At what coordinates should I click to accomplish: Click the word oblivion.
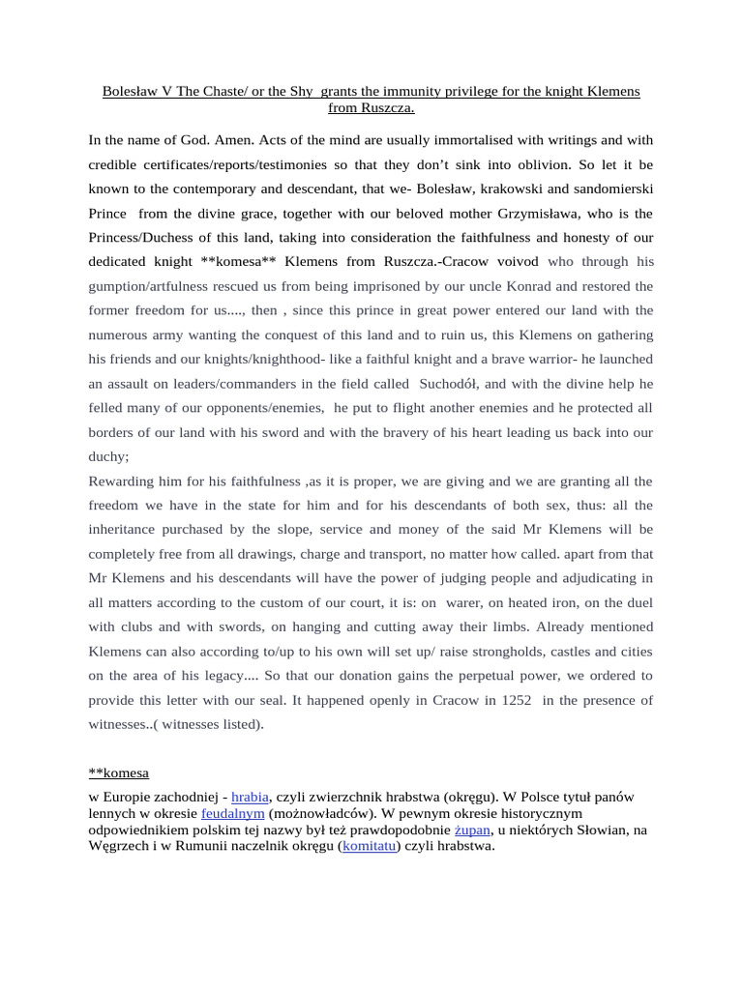519,164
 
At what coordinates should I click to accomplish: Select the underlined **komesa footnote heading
118,772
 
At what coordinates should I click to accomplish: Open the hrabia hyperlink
250,797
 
